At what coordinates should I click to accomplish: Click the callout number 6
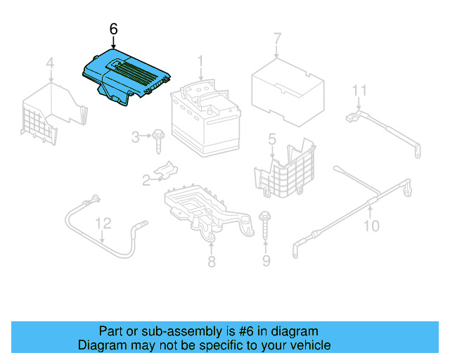click(x=114, y=29)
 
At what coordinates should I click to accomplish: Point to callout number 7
click(x=276, y=38)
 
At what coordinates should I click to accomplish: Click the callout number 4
click(x=50, y=65)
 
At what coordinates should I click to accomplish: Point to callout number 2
click(x=146, y=180)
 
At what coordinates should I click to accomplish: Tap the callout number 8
click(x=211, y=262)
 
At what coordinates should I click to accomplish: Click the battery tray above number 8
click(x=204, y=207)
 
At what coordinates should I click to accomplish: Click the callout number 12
click(x=103, y=224)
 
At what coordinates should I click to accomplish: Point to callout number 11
click(x=359, y=90)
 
